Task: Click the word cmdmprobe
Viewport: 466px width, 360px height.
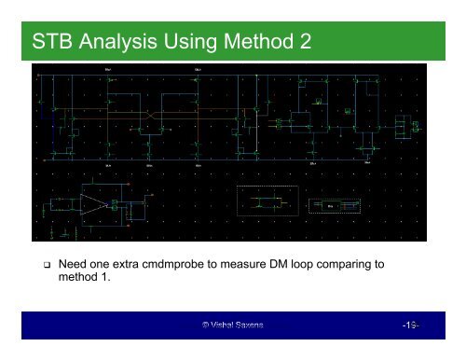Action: click(x=205, y=265)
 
